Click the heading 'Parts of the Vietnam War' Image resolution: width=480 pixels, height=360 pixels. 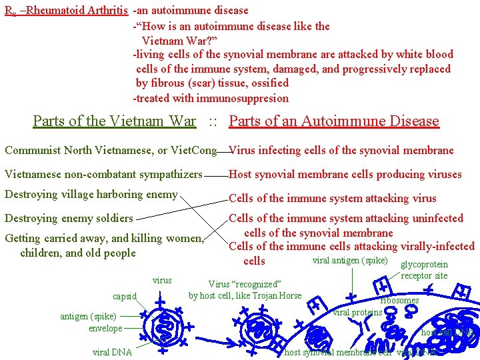click(x=114, y=121)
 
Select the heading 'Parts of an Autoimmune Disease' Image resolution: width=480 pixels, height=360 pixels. click(x=334, y=121)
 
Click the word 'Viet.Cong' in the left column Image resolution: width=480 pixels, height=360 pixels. click(x=194, y=151)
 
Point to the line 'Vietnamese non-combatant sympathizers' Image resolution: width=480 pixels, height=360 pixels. click(x=103, y=175)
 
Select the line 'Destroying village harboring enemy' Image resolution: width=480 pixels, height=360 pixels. click(x=91, y=195)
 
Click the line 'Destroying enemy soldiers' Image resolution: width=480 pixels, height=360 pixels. click(x=69, y=218)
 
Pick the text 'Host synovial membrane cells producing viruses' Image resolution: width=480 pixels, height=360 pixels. click(x=345, y=175)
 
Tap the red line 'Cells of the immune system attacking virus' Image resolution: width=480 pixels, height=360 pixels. click(x=333, y=198)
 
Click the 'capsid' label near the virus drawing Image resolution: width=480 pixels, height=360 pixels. click(x=125, y=296)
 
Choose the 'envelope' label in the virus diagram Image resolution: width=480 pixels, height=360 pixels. click(x=106, y=328)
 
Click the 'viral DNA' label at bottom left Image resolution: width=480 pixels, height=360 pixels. click(x=113, y=352)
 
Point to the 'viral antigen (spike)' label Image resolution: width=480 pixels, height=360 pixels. click(x=350, y=259)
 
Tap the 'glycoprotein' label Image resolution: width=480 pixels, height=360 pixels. click(x=425, y=264)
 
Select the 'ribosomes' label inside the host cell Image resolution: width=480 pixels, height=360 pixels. click(x=399, y=300)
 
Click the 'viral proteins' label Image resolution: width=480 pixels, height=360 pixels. click(x=357, y=312)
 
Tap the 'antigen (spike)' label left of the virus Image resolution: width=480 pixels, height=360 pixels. click(x=88, y=316)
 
